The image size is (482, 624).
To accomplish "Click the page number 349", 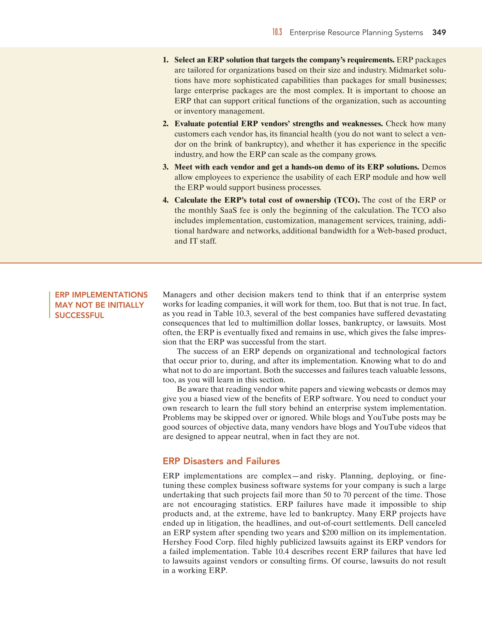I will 439,32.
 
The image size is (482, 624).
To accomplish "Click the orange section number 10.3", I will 277,32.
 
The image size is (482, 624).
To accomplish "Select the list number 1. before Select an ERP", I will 166,60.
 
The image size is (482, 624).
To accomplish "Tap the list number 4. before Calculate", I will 166,200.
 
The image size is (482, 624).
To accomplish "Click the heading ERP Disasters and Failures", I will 221,461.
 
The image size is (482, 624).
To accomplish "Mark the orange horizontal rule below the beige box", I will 241,263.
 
